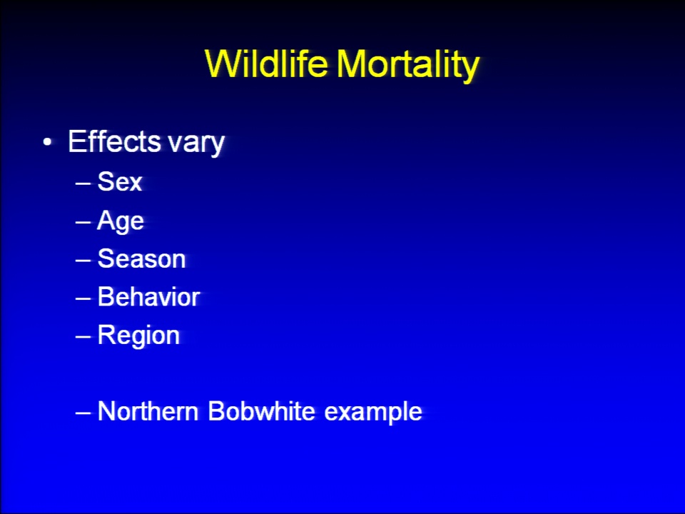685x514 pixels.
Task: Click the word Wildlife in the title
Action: pos(266,64)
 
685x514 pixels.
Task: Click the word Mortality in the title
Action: pos(408,66)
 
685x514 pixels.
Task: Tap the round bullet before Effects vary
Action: pos(47,143)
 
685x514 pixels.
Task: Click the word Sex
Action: pos(120,181)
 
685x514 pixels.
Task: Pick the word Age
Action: pos(121,221)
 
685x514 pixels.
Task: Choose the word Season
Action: pos(141,258)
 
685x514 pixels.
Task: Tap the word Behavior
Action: pos(148,297)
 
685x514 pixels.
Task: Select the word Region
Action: pos(138,336)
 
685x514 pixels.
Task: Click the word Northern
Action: pos(148,411)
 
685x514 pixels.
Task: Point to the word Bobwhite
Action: pos(261,411)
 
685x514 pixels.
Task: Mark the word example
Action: pos(373,413)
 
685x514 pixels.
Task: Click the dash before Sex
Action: pos(83,183)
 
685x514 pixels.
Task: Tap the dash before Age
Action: pos(83,222)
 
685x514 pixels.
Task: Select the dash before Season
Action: pos(83,261)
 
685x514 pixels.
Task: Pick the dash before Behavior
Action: pos(83,298)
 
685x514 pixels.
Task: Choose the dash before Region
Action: pos(83,337)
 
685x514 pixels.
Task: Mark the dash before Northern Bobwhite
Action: pos(83,413)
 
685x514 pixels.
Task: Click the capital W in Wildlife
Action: pos(223,64)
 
